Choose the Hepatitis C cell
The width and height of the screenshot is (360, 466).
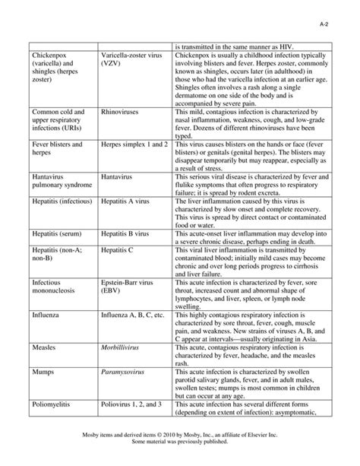click(x=118, y=249)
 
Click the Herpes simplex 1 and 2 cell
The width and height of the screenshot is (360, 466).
click(x=134, y=144)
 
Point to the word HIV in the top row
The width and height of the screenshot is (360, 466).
click(x=291, y=46)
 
